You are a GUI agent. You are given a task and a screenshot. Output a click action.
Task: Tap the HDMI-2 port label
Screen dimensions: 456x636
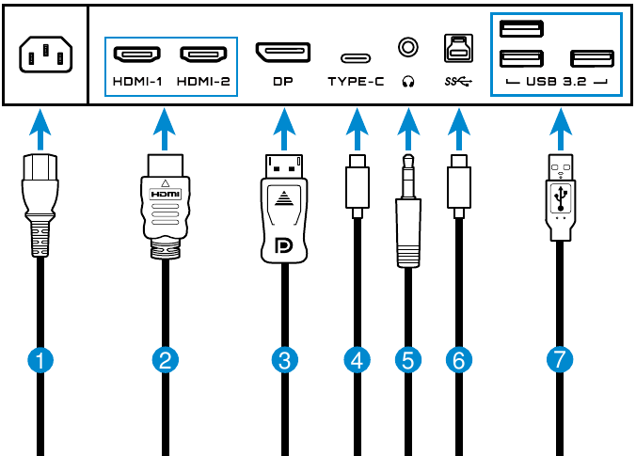202,81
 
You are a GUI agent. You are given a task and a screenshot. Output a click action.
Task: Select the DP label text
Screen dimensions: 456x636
283,81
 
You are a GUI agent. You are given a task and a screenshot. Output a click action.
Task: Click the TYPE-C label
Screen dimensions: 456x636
356,81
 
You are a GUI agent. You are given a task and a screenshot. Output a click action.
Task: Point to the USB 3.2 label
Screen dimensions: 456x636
556,81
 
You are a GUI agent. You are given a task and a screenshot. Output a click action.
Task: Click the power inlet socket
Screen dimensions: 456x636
44,55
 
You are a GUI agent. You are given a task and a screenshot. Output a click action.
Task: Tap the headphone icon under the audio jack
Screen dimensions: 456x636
407,81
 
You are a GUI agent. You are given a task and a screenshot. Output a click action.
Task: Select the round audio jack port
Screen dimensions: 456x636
407,45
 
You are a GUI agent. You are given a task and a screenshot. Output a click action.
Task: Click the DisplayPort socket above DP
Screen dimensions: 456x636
283,52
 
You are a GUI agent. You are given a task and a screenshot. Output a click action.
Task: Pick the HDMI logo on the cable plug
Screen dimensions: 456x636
165,194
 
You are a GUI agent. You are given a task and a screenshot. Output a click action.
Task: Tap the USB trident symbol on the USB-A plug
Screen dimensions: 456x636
561,197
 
